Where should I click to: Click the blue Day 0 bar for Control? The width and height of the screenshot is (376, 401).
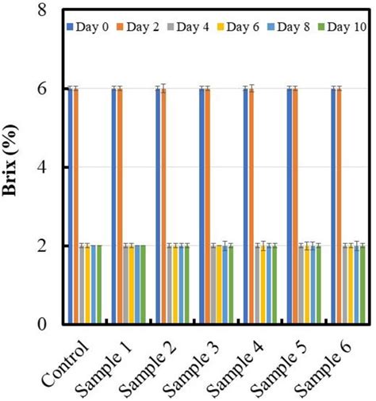70,206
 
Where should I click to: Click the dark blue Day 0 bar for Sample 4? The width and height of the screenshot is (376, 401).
245,206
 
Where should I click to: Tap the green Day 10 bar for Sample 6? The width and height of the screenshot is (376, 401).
363,285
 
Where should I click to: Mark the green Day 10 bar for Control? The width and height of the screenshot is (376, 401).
99,285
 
